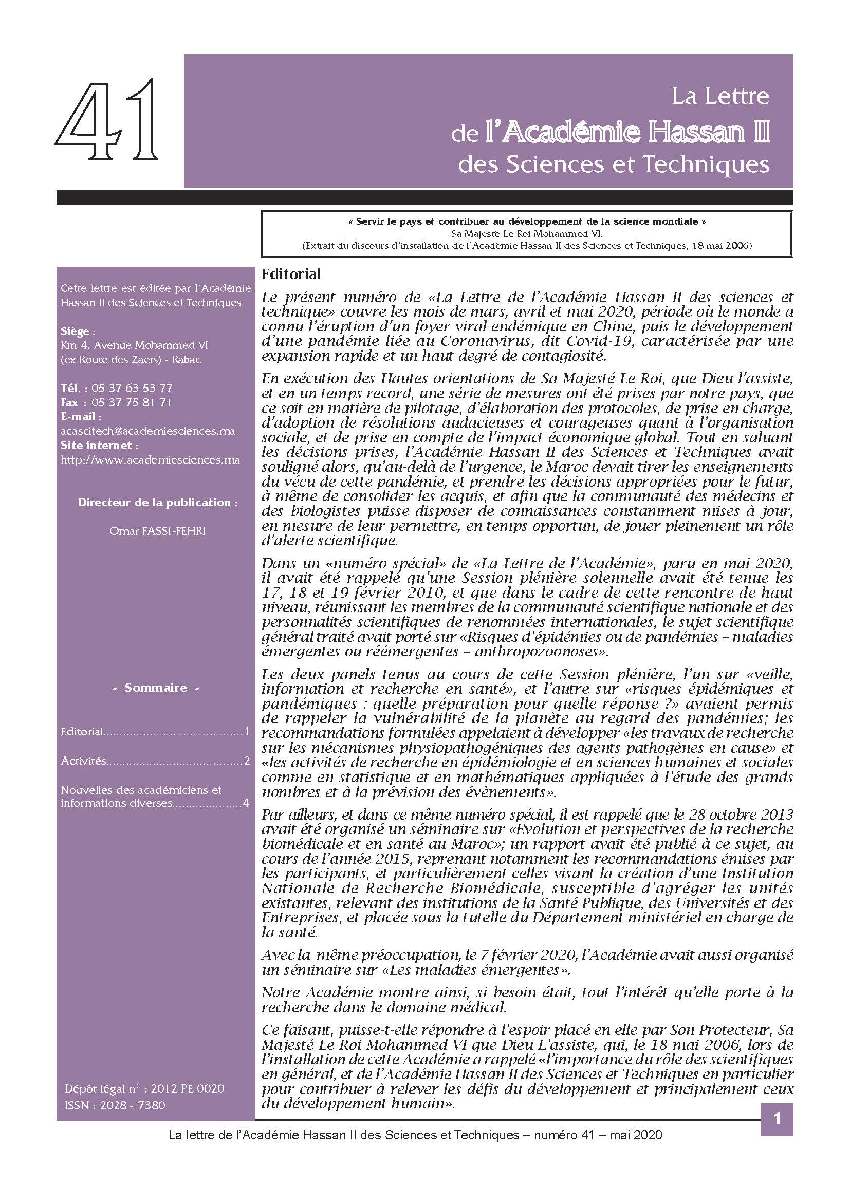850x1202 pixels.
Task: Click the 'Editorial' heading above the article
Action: tap(291, 274)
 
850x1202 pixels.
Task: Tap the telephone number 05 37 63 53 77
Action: tap(132, 388)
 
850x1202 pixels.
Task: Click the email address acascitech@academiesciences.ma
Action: tap(147, 431)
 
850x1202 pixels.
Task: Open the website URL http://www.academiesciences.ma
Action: tap(150, 459)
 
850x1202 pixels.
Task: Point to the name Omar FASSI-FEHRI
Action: tap(157, 531)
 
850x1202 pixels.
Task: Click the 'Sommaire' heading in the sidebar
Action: tap(155, 688)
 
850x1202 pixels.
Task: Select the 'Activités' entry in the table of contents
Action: tap(83, 761)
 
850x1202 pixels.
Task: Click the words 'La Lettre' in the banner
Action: tap(720, 96)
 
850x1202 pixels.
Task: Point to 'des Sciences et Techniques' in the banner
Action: tap(614, 164)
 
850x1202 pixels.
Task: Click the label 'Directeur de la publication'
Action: tap(157, 502)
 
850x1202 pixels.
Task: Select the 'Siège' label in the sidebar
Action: tap(78, 331)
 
